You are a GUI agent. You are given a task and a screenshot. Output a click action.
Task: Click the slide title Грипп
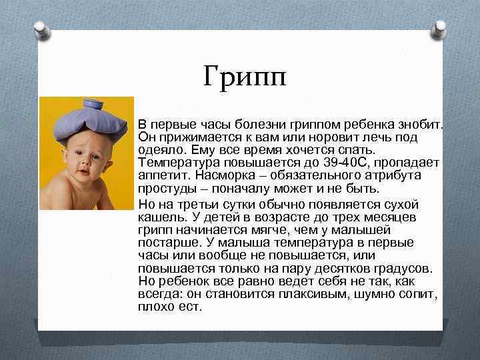(245, 78)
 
